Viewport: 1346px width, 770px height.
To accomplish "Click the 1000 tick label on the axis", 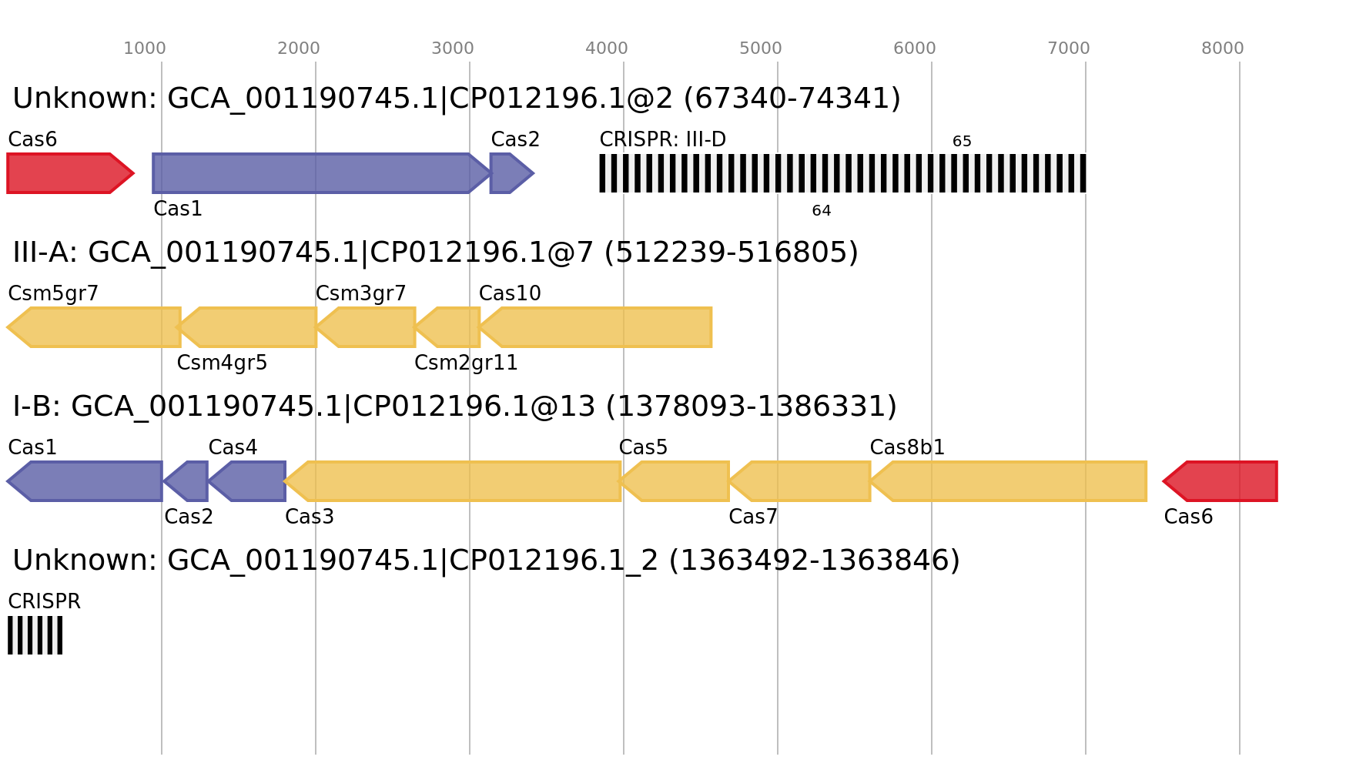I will point(145,49).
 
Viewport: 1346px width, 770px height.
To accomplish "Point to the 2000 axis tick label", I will point(299,49).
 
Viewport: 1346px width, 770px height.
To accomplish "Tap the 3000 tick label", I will point(453,49).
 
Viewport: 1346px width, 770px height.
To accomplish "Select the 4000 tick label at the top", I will point(607,49).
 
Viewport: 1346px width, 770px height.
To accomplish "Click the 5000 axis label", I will point(761,49).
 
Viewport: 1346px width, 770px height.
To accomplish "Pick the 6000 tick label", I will point(915,49).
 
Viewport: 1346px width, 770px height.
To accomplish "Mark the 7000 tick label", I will point(1069,49).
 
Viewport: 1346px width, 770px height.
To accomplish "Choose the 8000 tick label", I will point(1223,49).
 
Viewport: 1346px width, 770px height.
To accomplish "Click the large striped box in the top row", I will point(842,173).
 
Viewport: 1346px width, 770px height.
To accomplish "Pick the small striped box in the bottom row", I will point(35,635).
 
